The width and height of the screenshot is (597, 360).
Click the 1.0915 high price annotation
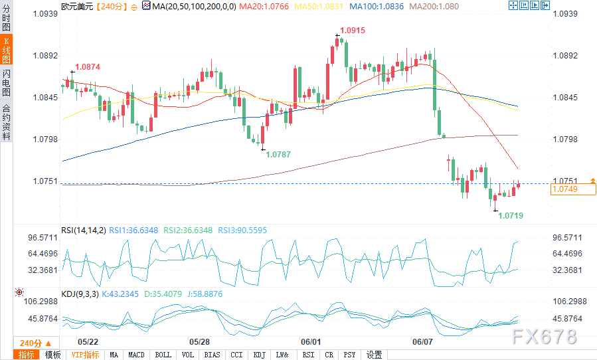click(x=353, y=31)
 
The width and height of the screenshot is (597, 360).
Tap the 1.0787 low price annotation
click(x=278, y=154)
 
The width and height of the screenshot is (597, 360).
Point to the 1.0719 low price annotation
click(x=511, y=216)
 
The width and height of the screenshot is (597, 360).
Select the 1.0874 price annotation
click(x=88, y=67)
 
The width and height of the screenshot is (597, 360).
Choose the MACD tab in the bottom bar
click(x=137, y=355)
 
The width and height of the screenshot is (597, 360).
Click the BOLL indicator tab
click(x=163, y=355)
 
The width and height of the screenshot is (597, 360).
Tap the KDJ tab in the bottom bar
click(x=259, y=355)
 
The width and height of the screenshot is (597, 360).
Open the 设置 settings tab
click(x=375, y=355)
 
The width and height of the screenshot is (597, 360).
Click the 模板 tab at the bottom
click(x=53, y=355)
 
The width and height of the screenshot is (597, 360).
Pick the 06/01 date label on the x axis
click(x=311, y=341)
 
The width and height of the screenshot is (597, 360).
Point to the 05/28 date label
click(x=199, y=341)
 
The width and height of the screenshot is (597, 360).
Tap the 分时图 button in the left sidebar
click(x=7, y=19)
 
